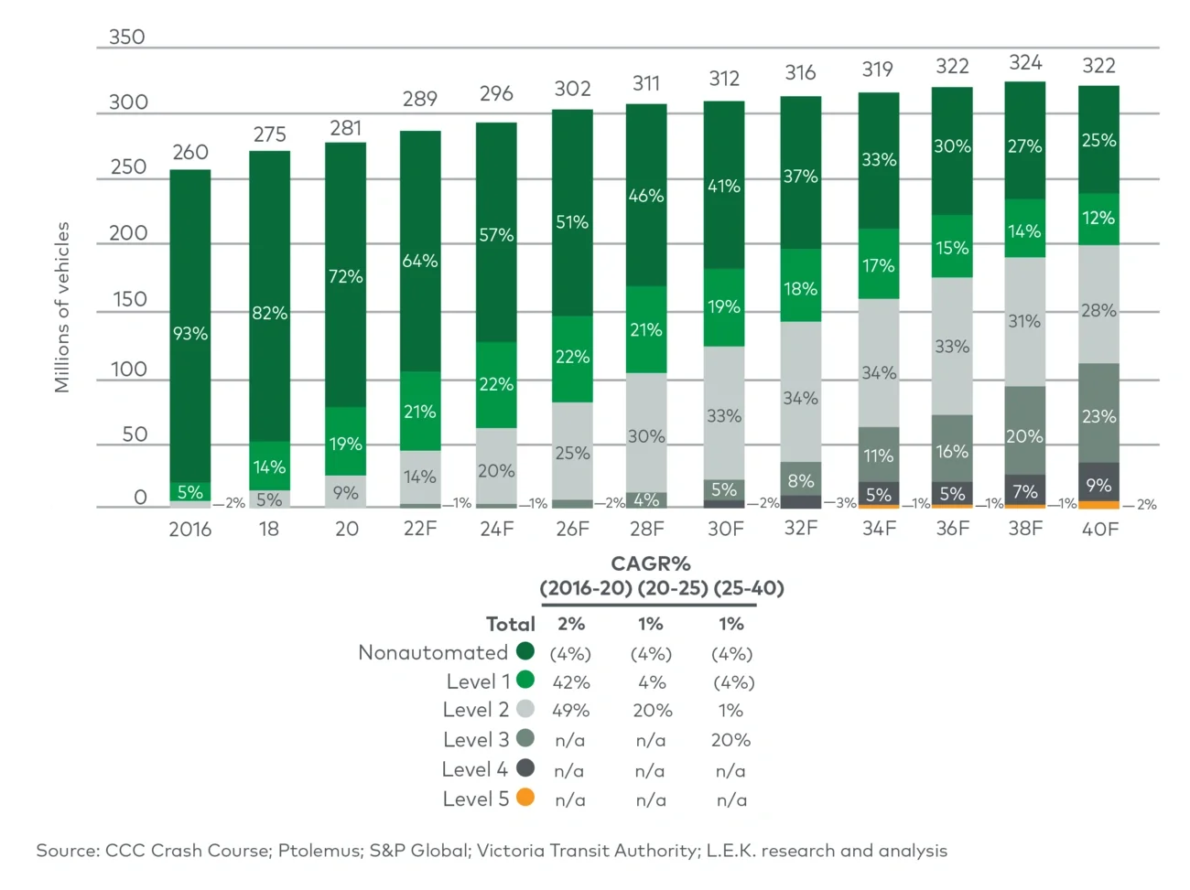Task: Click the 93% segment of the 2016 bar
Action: (x=190, y=334)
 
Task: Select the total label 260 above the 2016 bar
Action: (x=190, y=152)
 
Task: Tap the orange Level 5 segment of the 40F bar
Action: (x=1098, y=505)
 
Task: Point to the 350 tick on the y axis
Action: (x=127, y=38)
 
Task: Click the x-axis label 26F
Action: (x=572, y=530)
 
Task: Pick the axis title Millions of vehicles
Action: (x=61, y=307)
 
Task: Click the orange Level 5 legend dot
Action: (x=525, y=798)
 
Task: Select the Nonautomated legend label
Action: (x=432, y=652)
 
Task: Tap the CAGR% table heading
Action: (x=651, y=563)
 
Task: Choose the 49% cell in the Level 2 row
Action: (x=570, y=711)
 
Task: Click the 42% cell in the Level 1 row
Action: (x=570, y=682)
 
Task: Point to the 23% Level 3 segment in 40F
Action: (x=1098, y=416)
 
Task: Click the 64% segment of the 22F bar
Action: (x=420, y=261)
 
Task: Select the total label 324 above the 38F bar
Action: (x=1025, y=62)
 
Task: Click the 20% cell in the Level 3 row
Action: (x=730, y=740)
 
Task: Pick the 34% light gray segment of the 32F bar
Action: (x=800, y=398)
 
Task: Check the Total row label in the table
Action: (x=510, y=624)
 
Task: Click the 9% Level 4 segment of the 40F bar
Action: (x=1098, y=485)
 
